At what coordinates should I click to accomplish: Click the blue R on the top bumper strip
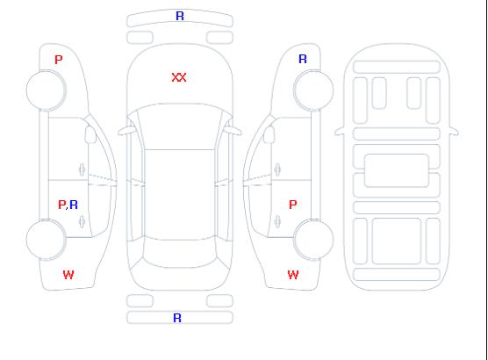point(180,16)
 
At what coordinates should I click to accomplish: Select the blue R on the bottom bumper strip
point(177,318)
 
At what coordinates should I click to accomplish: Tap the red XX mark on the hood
point(179,77)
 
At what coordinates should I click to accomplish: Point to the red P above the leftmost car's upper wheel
point(59,60)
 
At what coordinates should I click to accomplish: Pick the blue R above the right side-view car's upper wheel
point(303,59)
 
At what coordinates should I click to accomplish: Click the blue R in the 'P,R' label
point(74,205)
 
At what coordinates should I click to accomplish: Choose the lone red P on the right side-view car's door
point(293,205)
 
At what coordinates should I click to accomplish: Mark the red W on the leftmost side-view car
point(68,275)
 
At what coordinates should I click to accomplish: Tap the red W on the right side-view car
point(293,275)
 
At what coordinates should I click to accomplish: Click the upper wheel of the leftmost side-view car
point(46,90)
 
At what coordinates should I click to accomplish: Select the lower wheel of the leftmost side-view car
point(46,240)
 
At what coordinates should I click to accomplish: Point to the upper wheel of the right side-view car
point(313,90)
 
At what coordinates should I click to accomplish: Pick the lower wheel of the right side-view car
point(313,240)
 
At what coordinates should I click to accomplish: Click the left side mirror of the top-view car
point(126,130)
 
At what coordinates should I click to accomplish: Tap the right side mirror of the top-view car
point(233,130)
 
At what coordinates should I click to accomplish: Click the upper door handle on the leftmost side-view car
point(83,169)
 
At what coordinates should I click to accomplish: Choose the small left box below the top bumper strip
point(140,38)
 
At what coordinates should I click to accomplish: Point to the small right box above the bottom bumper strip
point(219,301)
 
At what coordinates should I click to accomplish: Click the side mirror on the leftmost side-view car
point(90,134)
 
